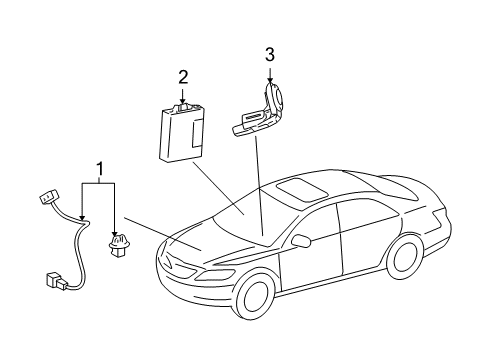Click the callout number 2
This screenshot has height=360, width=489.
pos(183,76)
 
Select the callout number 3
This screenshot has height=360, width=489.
pos(269,54)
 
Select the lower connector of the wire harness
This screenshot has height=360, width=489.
pos(57,280)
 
